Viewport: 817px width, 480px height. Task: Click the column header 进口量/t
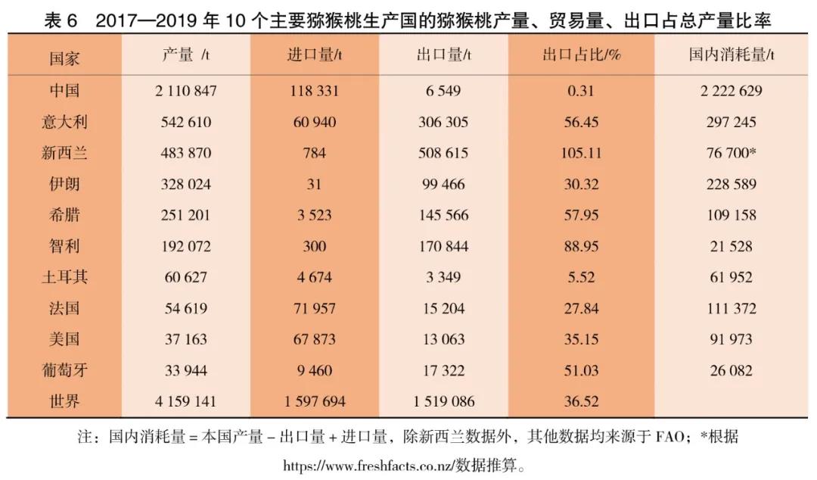point(315,55)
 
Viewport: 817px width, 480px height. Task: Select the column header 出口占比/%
point(581,55)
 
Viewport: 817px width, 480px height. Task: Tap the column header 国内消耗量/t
point(731,55)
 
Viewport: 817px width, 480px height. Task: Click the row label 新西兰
point(64,153)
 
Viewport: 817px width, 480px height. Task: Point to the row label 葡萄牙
point(64,370)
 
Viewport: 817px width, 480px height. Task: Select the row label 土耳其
point(64,277)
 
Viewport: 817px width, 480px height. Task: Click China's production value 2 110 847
point(186,91)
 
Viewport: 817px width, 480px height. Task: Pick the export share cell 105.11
point(581,153)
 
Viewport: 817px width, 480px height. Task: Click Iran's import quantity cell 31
point(315,184)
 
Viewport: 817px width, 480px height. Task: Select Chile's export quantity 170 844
point(443,246)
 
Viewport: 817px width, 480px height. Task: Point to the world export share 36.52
point(581,401)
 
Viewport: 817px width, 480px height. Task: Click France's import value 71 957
point(315,308)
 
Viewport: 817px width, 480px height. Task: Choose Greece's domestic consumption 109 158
point(731,215)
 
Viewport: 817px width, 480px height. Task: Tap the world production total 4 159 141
point(186,401)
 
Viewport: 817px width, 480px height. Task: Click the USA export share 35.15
point(581,339)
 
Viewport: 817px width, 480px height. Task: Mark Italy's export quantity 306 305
point(443,122)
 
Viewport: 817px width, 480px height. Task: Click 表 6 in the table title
point(61,21)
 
